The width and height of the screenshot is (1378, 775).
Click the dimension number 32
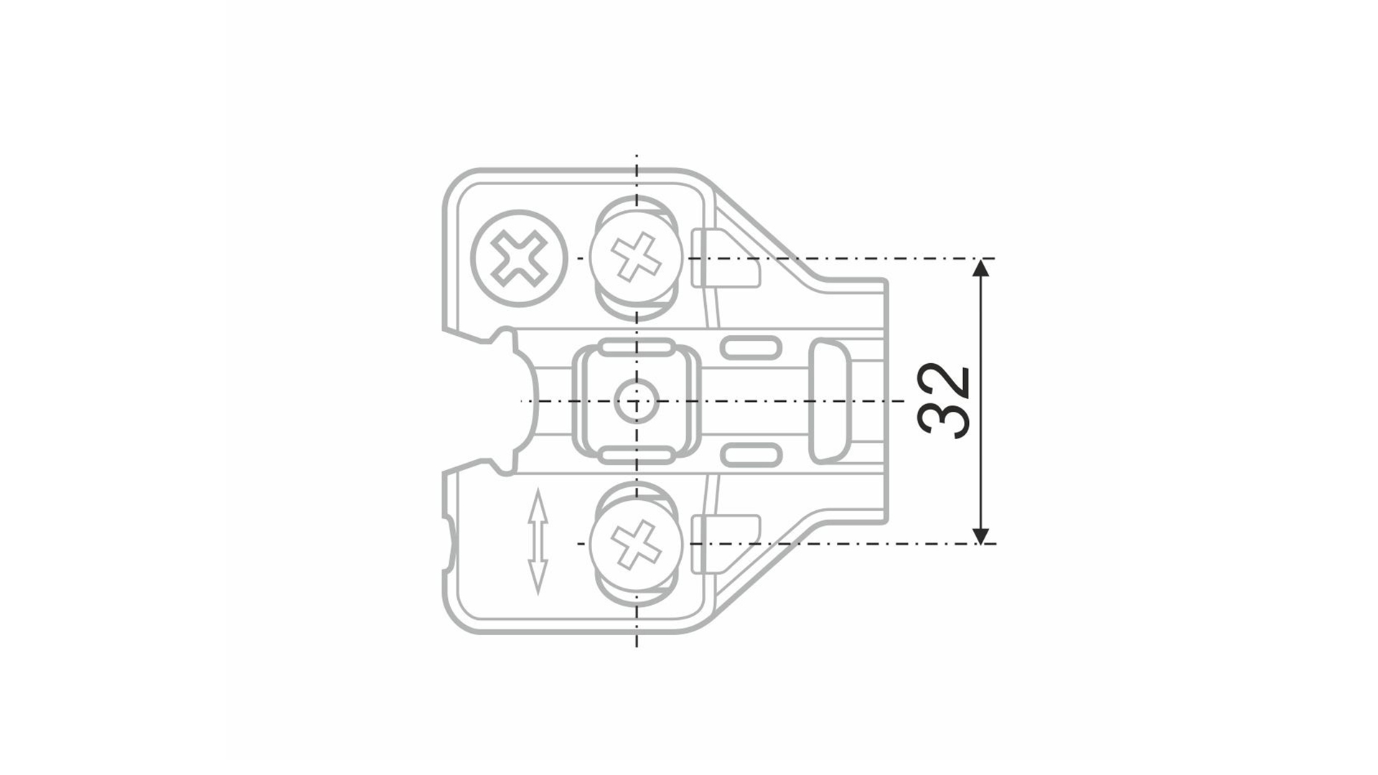[x=945, y=401]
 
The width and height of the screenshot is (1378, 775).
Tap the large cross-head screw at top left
[x=519, y=258]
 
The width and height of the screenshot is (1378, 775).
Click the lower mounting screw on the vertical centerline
[x=636, y=544]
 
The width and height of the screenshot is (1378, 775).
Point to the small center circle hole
[x=636, y=401]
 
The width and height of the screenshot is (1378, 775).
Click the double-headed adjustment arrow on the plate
[x=538, y=541]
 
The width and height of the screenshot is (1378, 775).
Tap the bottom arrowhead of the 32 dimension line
[x=980, y=535]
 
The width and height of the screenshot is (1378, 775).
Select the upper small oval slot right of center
[x=751, y=348]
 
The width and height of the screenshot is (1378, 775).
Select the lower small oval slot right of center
[x=751, y=454]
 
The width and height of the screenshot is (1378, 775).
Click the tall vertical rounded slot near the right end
[x=830, y=401]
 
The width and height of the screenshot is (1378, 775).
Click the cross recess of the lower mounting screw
[x=636, y=544]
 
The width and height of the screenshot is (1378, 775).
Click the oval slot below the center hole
[x=636, y=454]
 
